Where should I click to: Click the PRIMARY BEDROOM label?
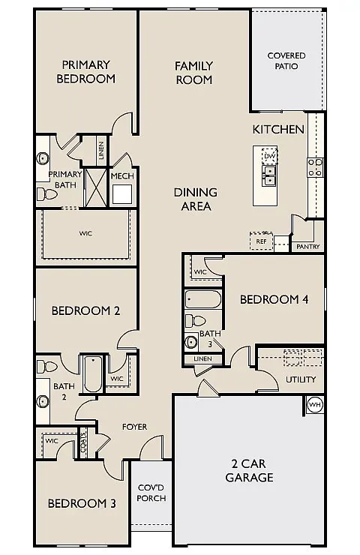(x=88, y=72)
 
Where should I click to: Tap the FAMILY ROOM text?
(x=193, y=73)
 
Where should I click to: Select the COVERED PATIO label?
(x=286, y=61)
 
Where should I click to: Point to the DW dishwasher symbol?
(x=270, y=156)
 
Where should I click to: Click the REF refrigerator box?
(x=261, y=241)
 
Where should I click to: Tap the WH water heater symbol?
(x=315, y=405)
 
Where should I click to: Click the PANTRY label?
(x=308, y=247)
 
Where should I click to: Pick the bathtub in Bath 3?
(x=203, y=301)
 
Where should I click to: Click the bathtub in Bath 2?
(x=93, y=373)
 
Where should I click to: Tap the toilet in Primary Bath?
(x=48, y=194)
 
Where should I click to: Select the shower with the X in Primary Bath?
(x=96, y=187)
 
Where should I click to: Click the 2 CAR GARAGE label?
(x=250, y=470)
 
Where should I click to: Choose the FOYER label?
(x=134, y=427)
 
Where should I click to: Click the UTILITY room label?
(x=301, y=379)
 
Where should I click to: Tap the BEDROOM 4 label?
(x=274, y=299)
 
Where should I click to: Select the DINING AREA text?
(x=195, y=199)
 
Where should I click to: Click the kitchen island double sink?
(x=269, y=175)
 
